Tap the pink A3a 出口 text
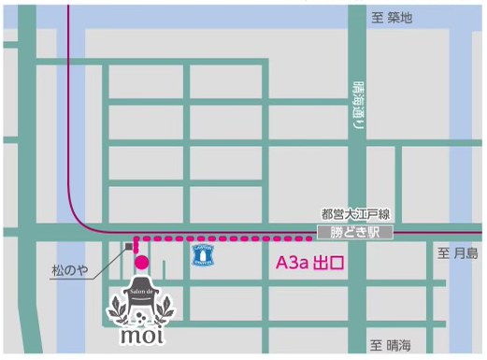point(309,264)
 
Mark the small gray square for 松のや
point(128,247)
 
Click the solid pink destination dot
point(141,263)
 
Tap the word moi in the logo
point(141,332)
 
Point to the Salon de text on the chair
point(141,292)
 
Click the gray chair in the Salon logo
point(141,299)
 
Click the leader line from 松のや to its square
point(108,262)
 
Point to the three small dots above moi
point(141,317)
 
